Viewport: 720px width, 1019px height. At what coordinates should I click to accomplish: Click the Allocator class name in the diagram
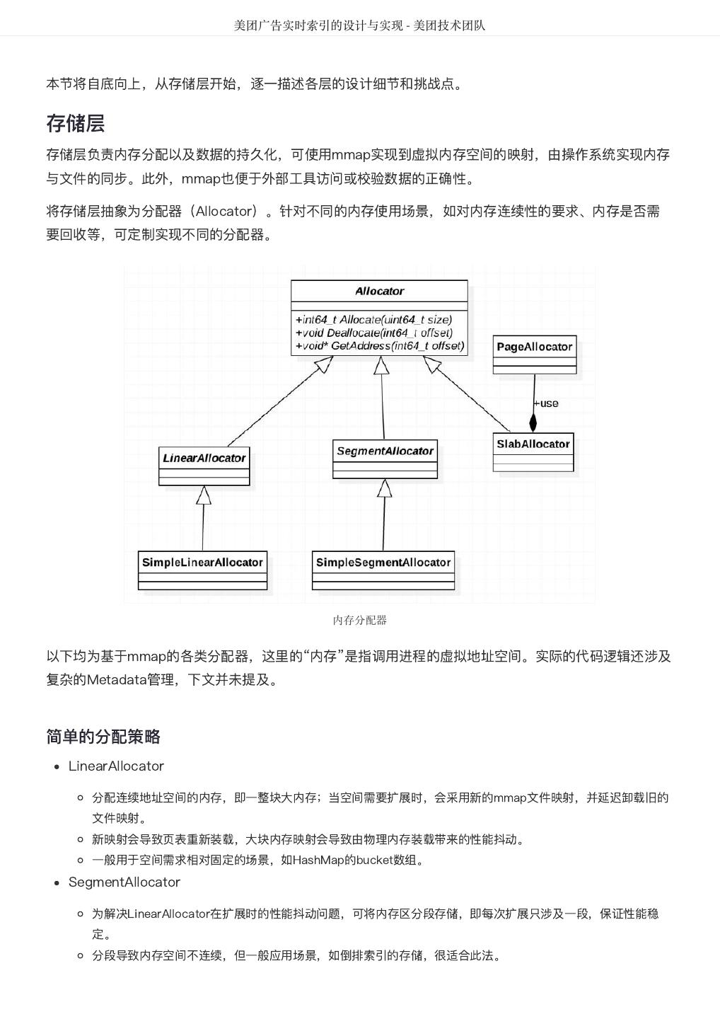click(x=379, y=291)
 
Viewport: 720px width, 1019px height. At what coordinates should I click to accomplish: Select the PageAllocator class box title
click(x=534, y=347)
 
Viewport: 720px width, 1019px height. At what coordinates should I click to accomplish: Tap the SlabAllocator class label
click(x=533, y=444)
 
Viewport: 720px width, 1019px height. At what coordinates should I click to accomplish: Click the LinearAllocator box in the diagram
click(x=204, y=459)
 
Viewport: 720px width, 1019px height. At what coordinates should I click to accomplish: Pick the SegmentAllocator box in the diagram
click(x=385, y=451)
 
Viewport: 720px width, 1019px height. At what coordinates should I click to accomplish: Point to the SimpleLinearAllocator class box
click(x=202, y=563)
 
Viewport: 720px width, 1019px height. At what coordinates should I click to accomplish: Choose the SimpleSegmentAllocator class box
click(x=383, y=563)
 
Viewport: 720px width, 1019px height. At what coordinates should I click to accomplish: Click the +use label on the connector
click(x=546, y=403)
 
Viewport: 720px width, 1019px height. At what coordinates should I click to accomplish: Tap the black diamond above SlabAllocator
click(x=533, y=422)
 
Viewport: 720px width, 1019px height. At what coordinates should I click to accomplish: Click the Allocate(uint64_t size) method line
click(x=374, y=320)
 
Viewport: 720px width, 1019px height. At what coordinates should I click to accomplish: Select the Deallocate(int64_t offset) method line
click(x=374, y=333)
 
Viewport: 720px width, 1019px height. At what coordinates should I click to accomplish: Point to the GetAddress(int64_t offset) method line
click(x=380, y=345)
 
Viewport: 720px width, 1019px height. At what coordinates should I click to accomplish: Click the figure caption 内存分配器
click(x=359, y=620)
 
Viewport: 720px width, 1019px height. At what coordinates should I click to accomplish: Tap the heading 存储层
click(x=76, y=123)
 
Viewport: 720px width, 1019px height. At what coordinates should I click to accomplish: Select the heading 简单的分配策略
click(x=103, y=737)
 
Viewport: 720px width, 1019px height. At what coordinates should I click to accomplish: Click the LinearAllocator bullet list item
click(x=116, y=766)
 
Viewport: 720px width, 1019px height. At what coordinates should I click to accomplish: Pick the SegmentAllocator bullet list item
click(x=124, y=882)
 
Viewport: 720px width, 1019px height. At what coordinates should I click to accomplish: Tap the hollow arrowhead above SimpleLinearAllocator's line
click(x=204, y=495)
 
